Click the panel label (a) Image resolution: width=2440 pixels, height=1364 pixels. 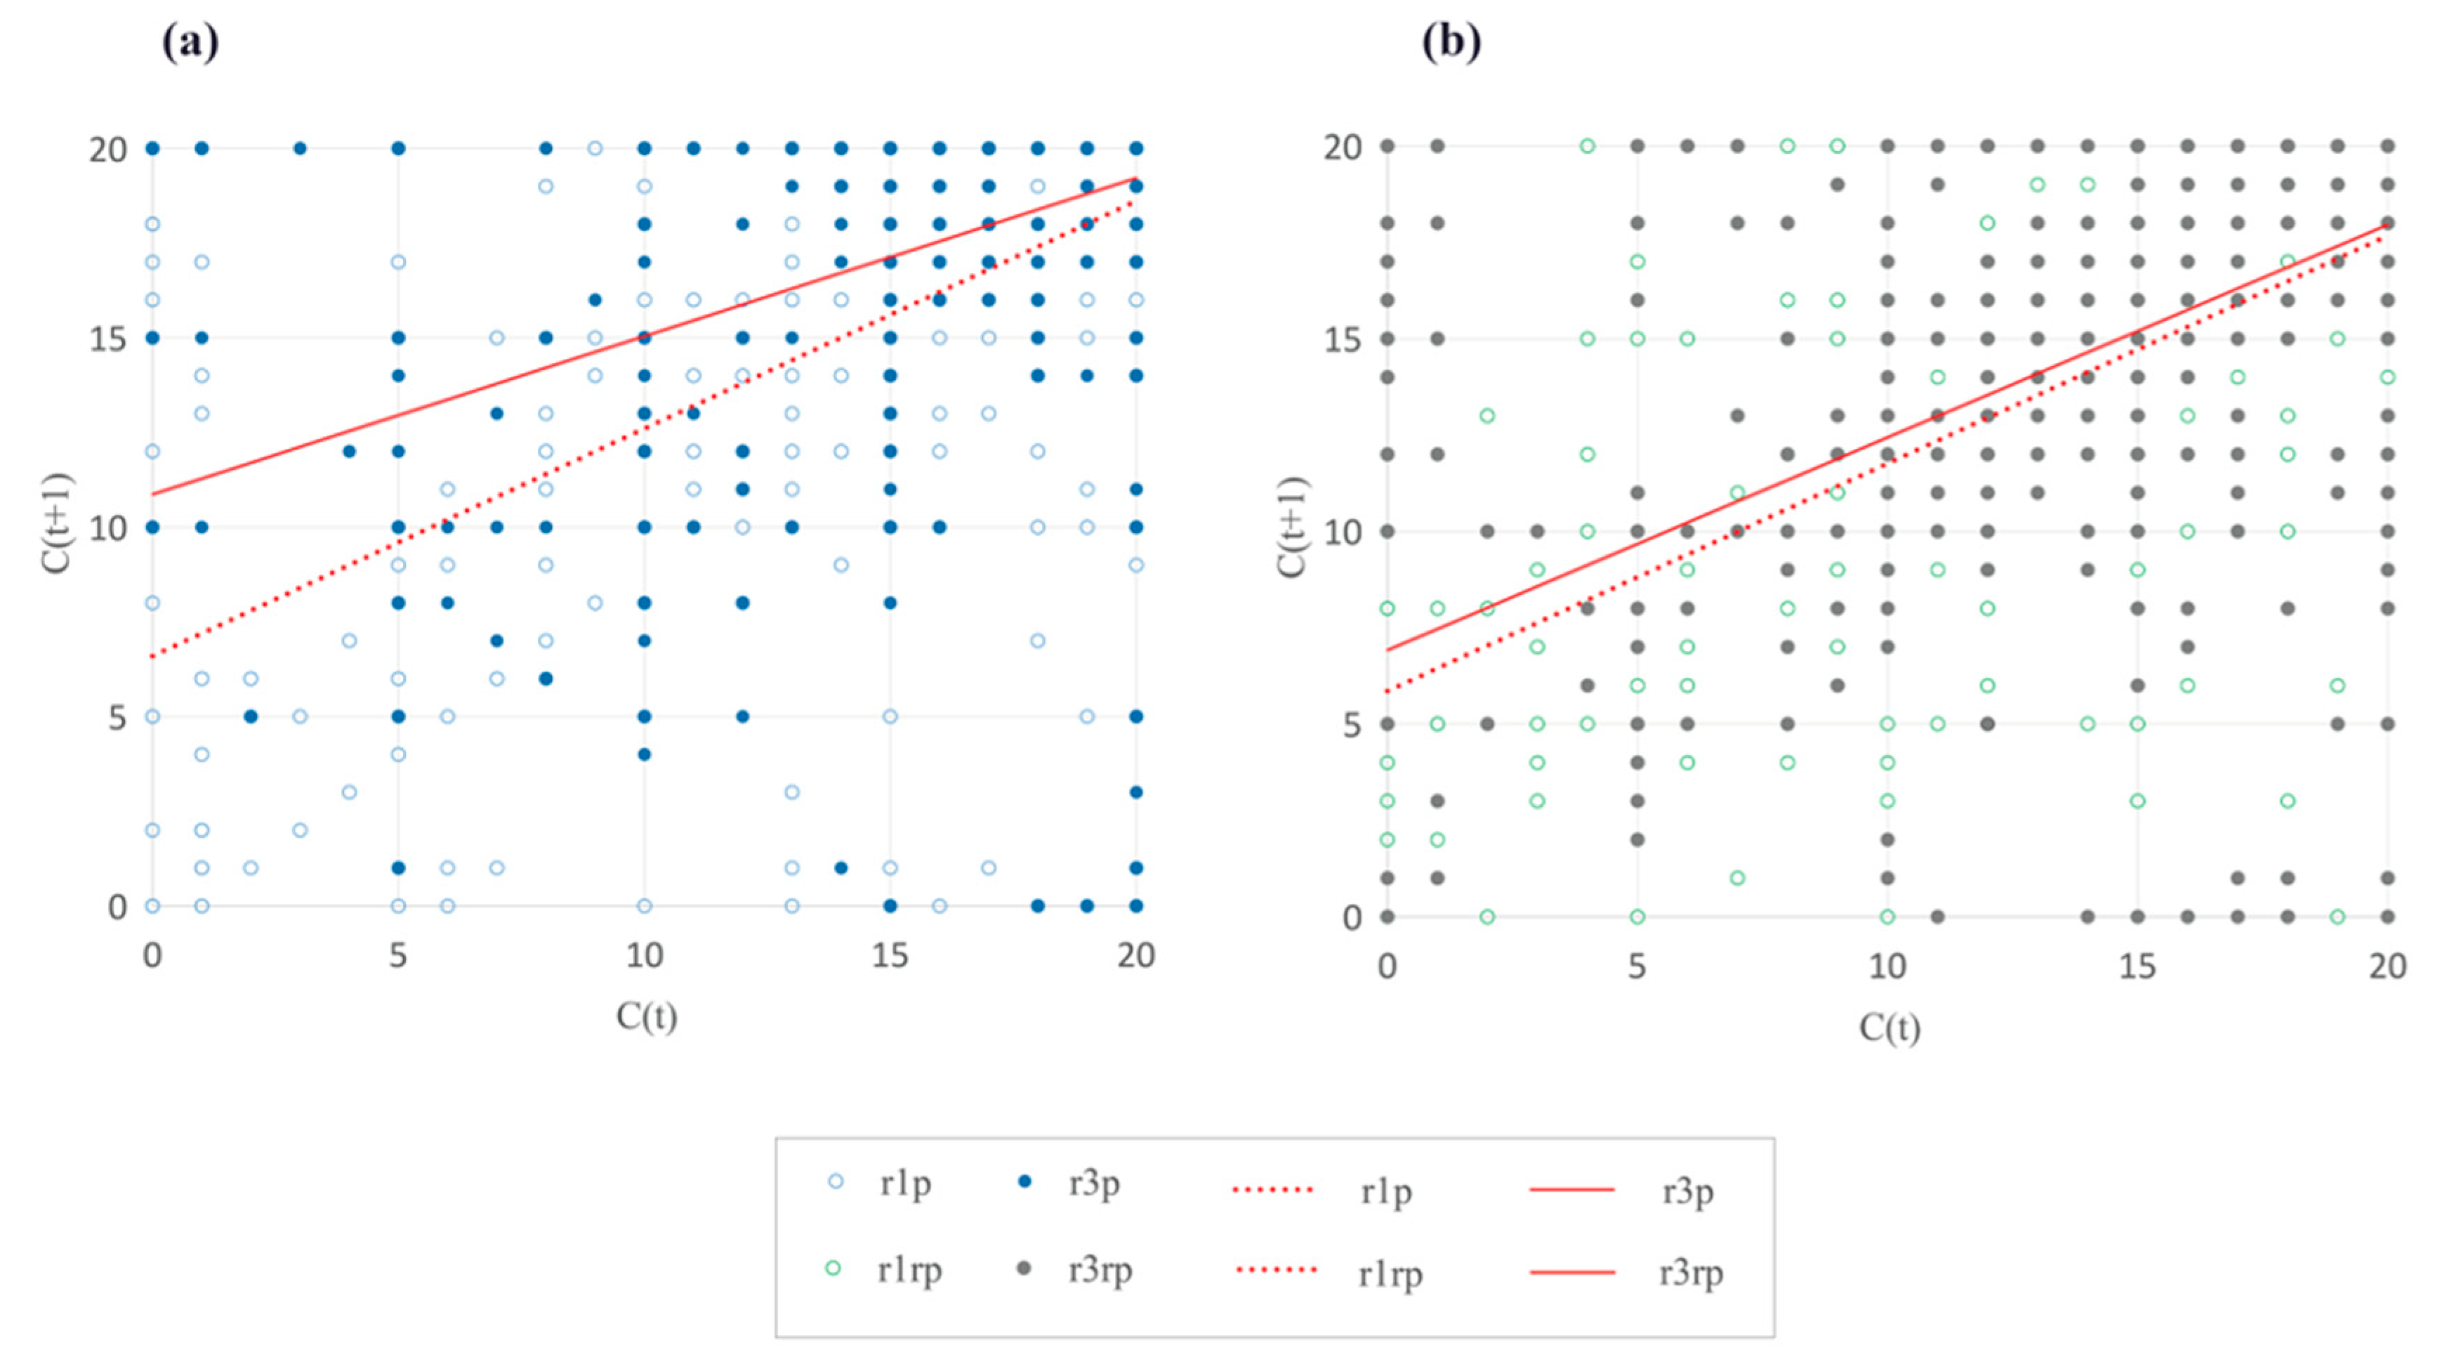190,43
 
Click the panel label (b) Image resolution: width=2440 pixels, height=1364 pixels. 1451,43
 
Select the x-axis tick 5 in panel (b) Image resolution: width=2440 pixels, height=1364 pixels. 1637,966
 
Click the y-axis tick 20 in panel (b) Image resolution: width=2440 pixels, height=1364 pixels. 1343,147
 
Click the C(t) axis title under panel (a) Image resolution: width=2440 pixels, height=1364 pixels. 647,1016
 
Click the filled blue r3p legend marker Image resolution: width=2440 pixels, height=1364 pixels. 1024,1182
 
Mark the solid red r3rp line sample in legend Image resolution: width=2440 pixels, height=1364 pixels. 1572,1272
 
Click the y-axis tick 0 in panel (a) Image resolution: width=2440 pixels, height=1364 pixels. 117,907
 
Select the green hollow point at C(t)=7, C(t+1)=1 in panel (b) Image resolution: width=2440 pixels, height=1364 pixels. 1737,878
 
